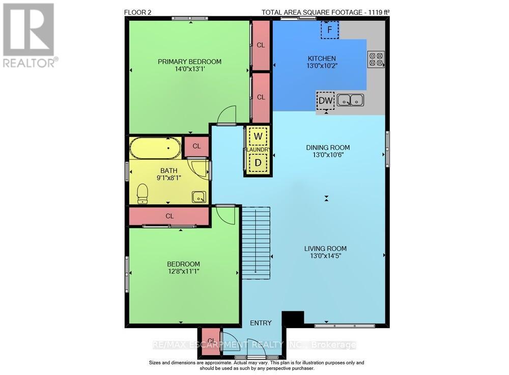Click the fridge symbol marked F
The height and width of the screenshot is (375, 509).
329,30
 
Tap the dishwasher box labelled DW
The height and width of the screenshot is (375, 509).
325,101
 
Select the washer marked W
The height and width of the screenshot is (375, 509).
258,136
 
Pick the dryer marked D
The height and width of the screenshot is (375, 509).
258,162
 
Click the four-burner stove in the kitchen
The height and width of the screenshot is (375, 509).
376,60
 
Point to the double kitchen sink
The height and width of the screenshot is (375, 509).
350,100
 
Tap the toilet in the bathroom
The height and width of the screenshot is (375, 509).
142,194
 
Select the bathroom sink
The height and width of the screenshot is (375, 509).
199,197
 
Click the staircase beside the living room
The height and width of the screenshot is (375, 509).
256,243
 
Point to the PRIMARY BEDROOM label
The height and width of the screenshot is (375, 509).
189,62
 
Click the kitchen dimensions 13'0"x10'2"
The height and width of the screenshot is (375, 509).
322,66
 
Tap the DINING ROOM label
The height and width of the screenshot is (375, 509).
328,148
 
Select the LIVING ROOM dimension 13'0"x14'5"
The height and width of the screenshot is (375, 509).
326,256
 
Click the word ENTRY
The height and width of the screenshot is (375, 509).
261,323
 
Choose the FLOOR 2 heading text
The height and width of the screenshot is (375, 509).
137,13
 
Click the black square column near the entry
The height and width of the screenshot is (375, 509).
293,318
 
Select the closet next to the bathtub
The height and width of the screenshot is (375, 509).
196,147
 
